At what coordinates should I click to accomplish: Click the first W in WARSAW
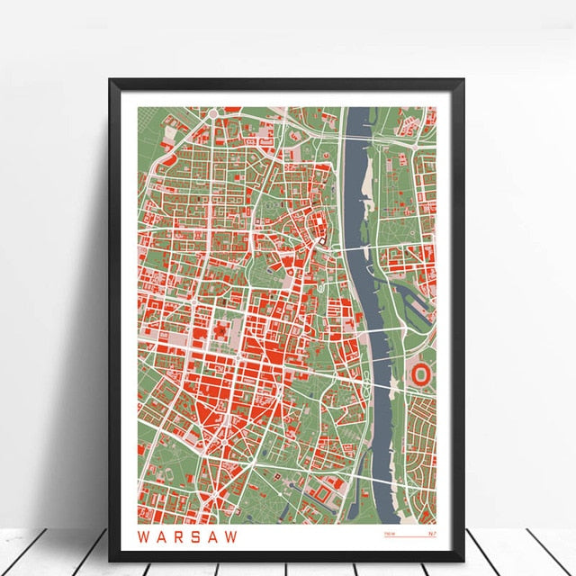(143, 537)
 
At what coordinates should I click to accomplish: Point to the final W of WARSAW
(236, 537)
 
